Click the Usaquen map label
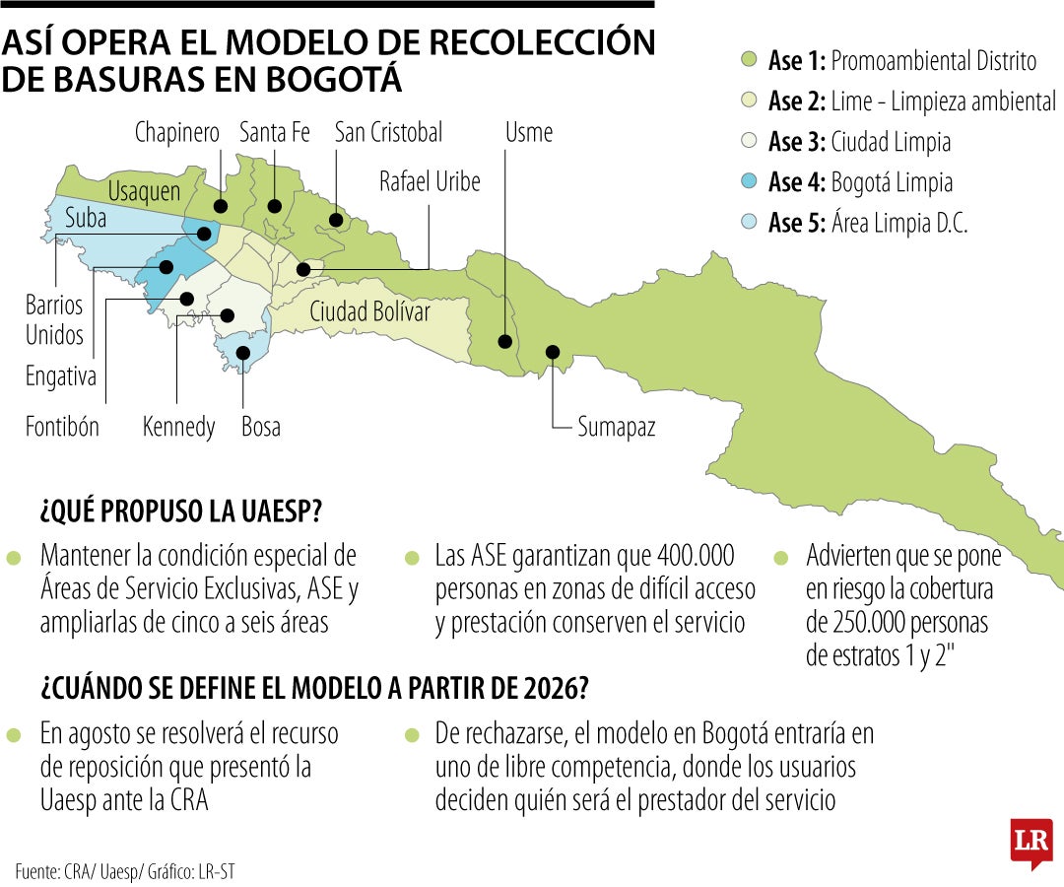click(x=144, y=190)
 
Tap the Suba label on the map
click(x=86, y=219)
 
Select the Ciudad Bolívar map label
click(x=369, y=311)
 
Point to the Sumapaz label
click(x=616, y=427)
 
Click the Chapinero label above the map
click(x=177, y=133)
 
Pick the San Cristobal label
click(x=388, y=132)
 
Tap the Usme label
click(x=529, y=132)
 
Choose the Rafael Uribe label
click(x=430, y=181)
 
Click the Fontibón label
click(x=62, y=427)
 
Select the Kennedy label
click(x=178, y=427)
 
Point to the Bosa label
click(x=261, y=427)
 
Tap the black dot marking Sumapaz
click(x=553, y=352)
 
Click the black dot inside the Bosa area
click(x=243, y=352)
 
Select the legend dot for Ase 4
click(x=749, y=182)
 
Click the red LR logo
click(x=1031, y=843)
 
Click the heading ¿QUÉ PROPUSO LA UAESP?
click(x=182, y=512)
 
